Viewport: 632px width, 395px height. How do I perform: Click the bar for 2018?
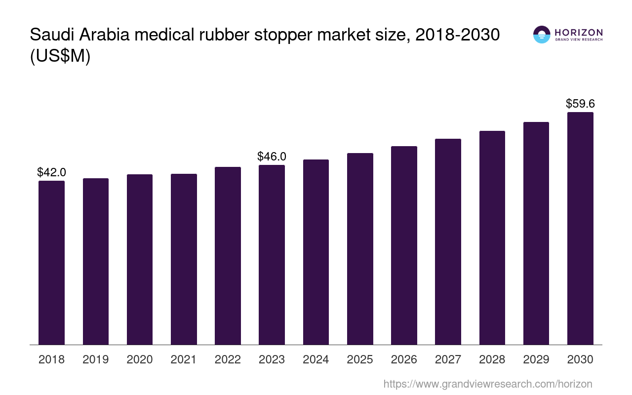click(51, 263)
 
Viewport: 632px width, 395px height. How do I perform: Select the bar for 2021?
click(184, 259)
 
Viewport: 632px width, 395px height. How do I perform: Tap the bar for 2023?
click(272, 255)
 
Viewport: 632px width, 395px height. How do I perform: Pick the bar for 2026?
click(404, 245)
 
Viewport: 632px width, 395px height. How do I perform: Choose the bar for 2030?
click(580, 228)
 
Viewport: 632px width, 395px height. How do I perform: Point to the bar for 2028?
click(492, 237)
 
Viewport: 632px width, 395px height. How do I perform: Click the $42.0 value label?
click(51, 172)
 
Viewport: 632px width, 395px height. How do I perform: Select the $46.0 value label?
click(272, 157)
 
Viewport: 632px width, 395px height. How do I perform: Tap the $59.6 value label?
click(580, 104)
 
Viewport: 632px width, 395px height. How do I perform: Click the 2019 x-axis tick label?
click(96, 359)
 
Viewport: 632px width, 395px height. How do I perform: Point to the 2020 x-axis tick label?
click(140, 359)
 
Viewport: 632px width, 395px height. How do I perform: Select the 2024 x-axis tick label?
click(316, 359)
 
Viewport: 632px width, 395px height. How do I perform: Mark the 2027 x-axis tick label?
click(448, 359)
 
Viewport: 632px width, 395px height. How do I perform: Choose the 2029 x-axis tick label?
click(536, 359)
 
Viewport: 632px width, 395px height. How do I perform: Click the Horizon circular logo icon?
click(542, 35)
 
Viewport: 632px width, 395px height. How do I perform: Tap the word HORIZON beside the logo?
click(579, 32)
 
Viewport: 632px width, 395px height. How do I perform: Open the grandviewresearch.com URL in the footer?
click(487, 384)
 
